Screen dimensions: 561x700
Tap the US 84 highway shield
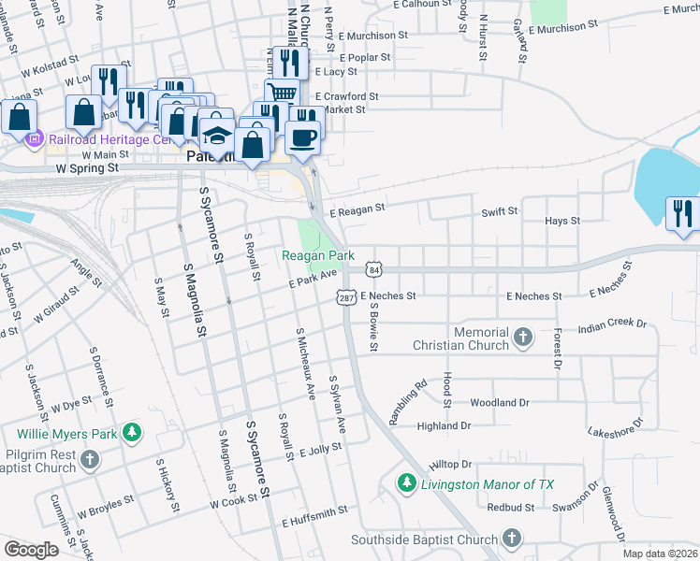point(373,269)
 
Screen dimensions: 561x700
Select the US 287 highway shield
point(344,295)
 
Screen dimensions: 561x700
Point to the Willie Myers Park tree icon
point(133,432)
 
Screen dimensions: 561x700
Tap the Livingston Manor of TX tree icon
point(406,483)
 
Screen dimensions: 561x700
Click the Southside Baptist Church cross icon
point(511,538)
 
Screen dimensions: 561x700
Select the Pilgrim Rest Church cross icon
point(90,459)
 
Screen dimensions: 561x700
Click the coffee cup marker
point(302,137)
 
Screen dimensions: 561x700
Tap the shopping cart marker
point(282,91)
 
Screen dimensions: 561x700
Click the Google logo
point(31,550)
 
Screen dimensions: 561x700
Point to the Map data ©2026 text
point(661,554)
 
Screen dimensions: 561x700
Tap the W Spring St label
point(87,169)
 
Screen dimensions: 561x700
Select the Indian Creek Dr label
point(613,327)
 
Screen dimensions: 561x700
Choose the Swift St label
point(500,212)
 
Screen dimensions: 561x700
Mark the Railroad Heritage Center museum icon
point(35,140)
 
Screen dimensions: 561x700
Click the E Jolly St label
point(321,450)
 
